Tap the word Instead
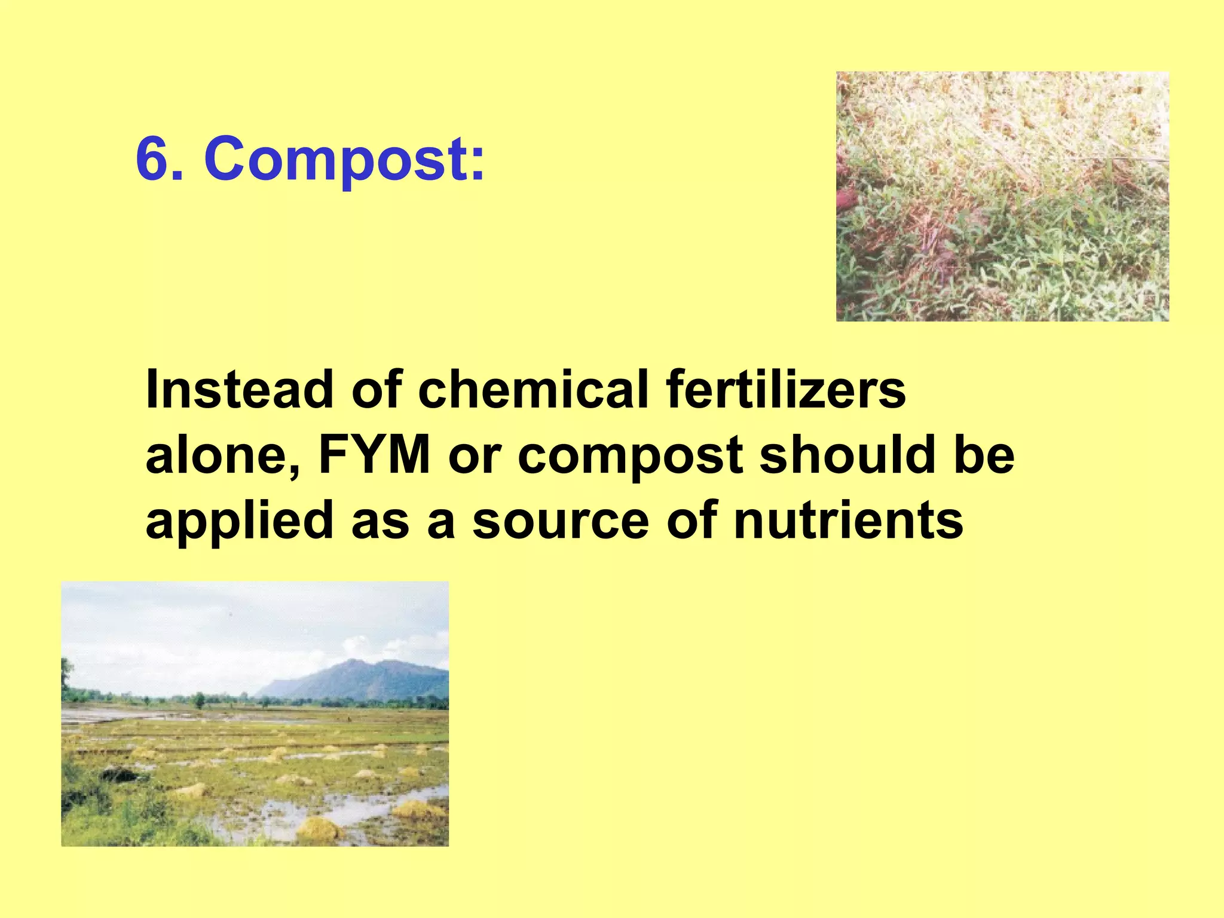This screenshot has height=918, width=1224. [x=239, y=390]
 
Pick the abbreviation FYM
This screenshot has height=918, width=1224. [x=374, y=455]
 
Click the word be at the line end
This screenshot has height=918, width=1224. [x=984, y=455]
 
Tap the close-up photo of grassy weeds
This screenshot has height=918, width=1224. [x=1002, y=196]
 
